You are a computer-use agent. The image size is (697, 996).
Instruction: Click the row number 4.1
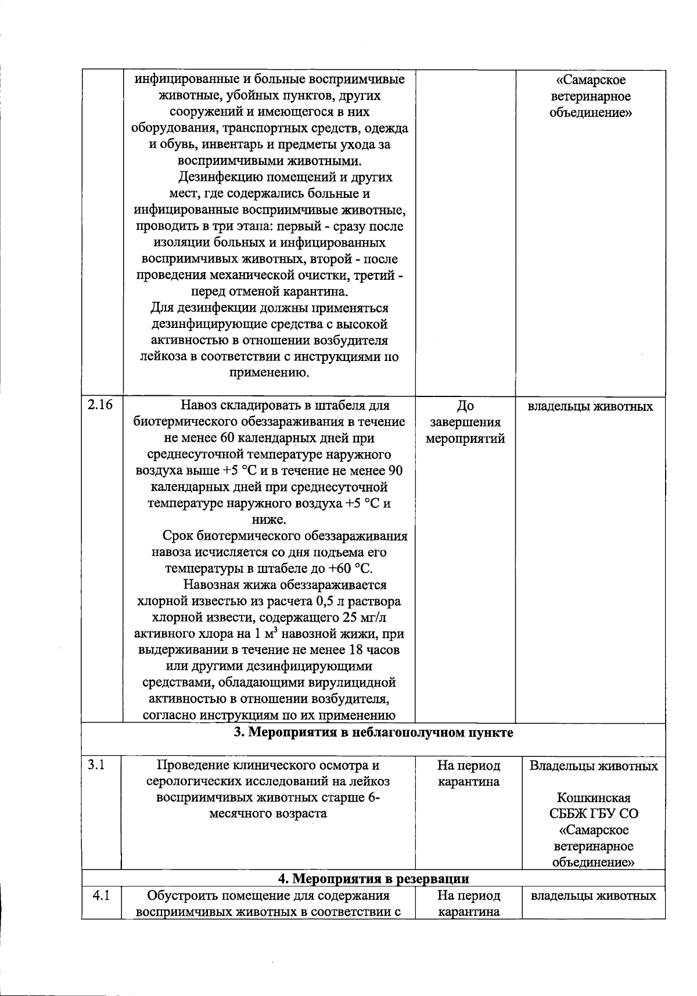tap(101, 896)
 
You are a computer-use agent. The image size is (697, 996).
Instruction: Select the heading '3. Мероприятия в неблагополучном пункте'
tap(373, 732)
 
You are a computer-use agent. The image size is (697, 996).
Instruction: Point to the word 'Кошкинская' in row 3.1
tap(593, 798)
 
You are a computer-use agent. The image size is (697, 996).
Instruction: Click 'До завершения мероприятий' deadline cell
tap(465, 422)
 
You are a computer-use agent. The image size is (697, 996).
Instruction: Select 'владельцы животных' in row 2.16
tap(590, 406)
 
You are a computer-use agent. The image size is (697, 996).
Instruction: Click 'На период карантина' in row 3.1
tap(468, 774)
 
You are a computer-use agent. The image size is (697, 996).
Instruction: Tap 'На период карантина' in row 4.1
tap(468, 904)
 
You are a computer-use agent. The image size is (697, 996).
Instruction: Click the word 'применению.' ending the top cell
tap(269, 373)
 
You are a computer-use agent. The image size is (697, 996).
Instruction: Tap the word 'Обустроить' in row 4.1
tap(178, 896)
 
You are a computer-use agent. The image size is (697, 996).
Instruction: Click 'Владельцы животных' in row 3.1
tap(593, 766)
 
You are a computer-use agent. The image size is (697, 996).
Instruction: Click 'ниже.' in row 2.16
tap(269, 519)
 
